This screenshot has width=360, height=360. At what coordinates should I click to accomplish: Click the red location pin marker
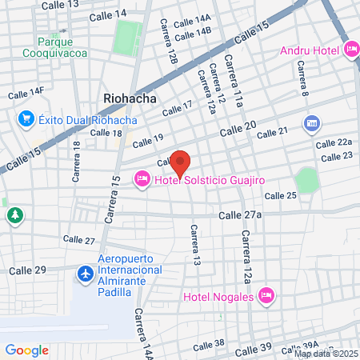click(181, 162)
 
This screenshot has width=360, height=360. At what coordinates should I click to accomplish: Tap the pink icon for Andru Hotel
click(352, 50)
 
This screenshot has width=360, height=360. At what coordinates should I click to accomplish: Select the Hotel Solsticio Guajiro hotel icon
click(142, 179)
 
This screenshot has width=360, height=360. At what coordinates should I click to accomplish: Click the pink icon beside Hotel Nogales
click(267, 297)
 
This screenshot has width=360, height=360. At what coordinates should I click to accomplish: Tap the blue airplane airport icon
click(84, 274)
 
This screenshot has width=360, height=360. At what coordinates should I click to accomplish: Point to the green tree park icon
click(14, 215)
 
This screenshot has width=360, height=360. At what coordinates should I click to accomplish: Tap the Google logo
click(26, 350)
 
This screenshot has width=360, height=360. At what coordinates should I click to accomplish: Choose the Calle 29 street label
click(27, 270)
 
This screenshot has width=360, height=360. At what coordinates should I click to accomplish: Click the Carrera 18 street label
click(76, 162)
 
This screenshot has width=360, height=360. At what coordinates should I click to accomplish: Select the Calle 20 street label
click(238, 126)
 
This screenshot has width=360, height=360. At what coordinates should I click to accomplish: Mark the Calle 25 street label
click(280, 196)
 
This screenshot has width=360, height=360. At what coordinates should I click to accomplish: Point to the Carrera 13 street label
click(194, 245)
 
